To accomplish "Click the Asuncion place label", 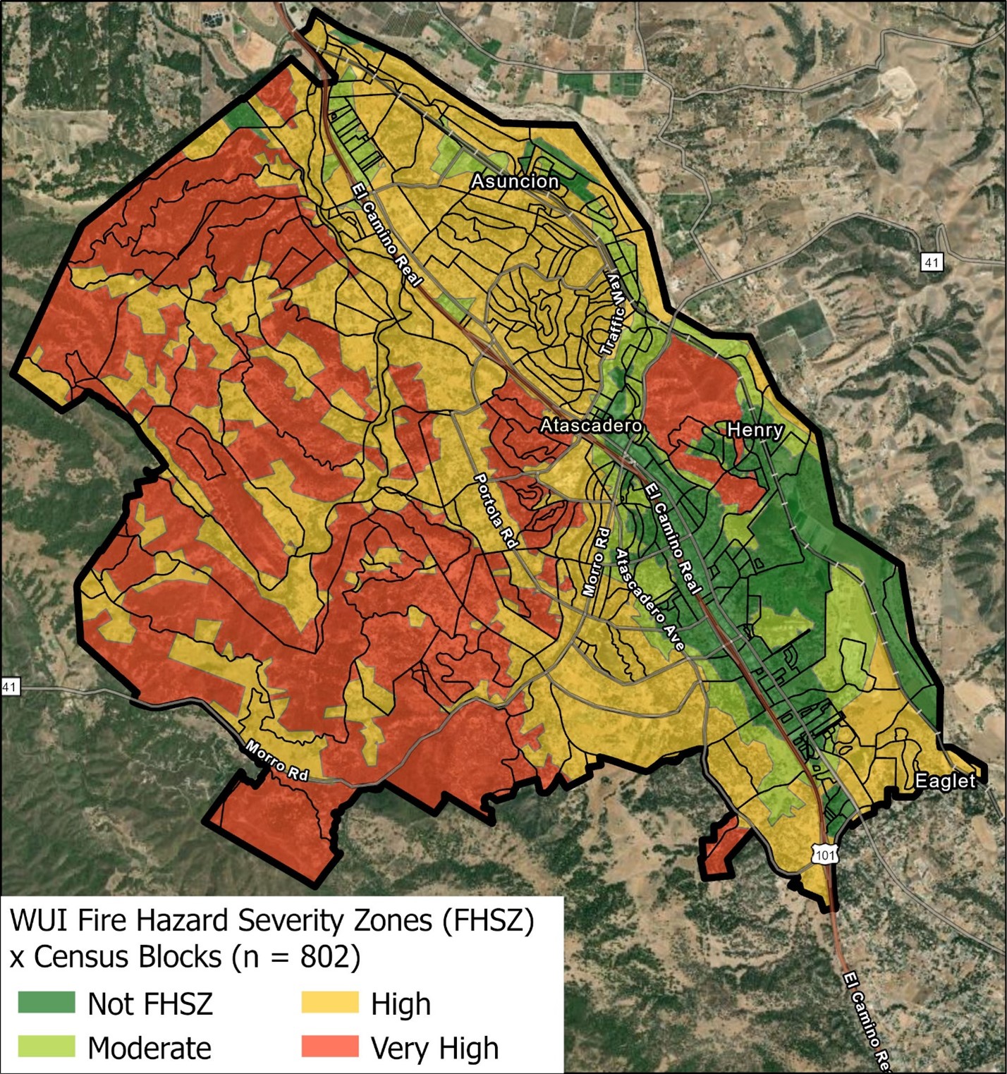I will [x=515, y=181].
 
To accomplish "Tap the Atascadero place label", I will [x=591, y=425].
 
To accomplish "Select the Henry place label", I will [x=755, y=429].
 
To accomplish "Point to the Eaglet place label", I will [x=944, y=781].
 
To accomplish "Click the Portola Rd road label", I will [x=496, y=511].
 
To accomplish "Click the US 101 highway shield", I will [x=826, y=855].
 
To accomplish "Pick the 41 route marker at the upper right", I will [x=932, y=262].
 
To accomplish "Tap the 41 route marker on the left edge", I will [x=9, y=685].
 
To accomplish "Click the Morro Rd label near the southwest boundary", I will [x=276, y=760].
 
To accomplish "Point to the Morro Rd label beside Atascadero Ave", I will [x=596, y=562].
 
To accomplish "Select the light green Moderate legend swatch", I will [x=47, y=1046].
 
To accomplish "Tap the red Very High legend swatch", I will [x=329, y=1046].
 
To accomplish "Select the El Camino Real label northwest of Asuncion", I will [x=386, y=235].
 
